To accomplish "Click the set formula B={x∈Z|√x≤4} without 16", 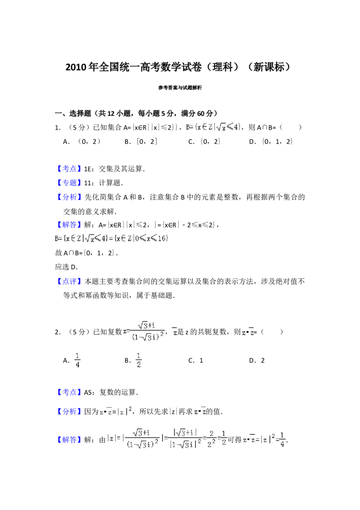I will pyautogui.click(x=212, y=127).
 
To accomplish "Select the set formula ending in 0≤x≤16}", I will pyautogui.click(x=112, y=239).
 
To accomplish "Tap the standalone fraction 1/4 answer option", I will pyautogui.click(x=77, y=360).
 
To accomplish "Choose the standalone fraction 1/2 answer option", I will pyautogui.click(x=139, y=360).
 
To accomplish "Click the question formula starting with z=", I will pyautogui.click(x=142, y=331).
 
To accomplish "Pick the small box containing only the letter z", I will pyautogui.click(x=175, y=333).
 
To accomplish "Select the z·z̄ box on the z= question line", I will pyautogui.click(x=247, y=333).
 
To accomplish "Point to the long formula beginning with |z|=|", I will pyautogui.click(x=167, y=438).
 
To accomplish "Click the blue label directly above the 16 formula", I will pyautogui.click(x=70, y=225).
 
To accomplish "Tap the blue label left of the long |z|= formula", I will pyautogui.click(x=70, y=441).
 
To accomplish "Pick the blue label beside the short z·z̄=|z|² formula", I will pyautogui.click(x=70, y=411).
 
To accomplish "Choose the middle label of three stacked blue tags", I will pyautogui.click(x=70, y=182).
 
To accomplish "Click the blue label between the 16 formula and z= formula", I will pyautogui.click(x=70, y=282).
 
